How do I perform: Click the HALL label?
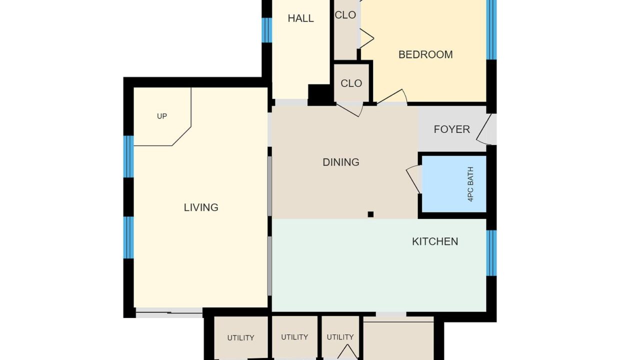click(300, 18)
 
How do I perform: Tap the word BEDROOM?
click(425, 55)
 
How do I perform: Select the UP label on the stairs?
click(162, 116)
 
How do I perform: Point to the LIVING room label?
click(201, 207)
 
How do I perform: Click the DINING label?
click(341, 162)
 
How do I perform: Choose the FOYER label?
click(451, 129)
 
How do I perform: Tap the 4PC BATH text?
click(470, 184)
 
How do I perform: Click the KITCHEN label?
click(435, 241)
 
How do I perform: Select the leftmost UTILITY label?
click(240, 338)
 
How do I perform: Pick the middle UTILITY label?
click(294, 337)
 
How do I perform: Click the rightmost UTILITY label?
click(340, 337)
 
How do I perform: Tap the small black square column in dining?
click(370, 214)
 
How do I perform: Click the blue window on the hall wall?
click(267, 30)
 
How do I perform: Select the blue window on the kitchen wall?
click(491, 253)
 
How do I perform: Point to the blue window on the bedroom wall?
click(491, 30)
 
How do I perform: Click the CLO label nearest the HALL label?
click(345, 15)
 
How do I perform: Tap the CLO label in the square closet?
click(351, 83)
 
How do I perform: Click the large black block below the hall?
click(320, 95)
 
